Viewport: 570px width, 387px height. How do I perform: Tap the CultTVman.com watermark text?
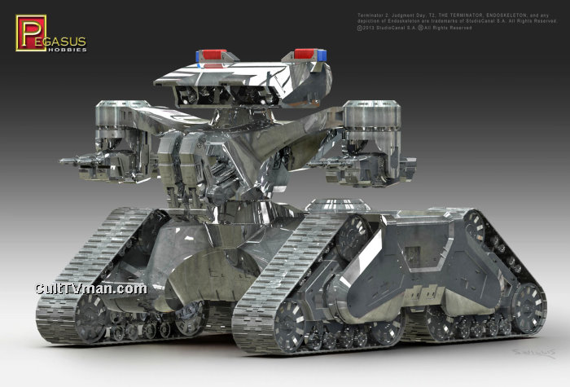(90, 288)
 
